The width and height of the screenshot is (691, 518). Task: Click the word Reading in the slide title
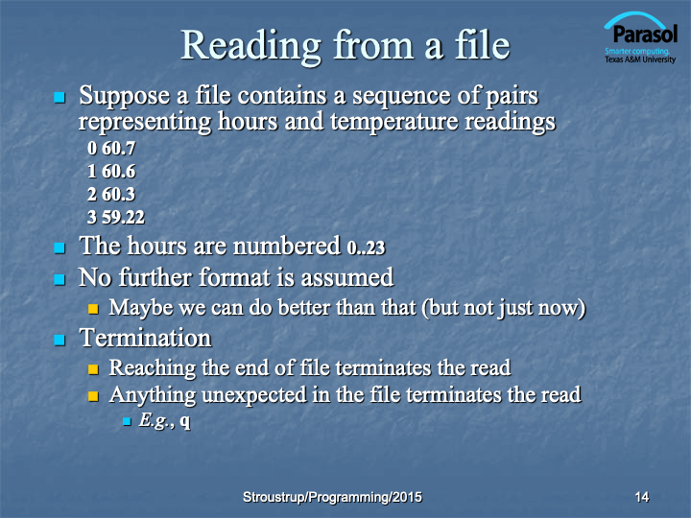pos(251,46)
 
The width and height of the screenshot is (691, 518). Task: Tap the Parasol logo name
pos(645,34)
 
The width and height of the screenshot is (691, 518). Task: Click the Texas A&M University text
pos(640,59)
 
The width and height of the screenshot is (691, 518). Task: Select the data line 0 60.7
pos(111,149)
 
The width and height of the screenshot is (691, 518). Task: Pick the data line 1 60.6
pos(111,172)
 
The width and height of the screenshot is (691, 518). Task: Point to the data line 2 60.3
pos(111,194)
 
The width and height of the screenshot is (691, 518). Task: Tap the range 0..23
pos(367,247)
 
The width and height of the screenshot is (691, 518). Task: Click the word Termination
pos(146,339)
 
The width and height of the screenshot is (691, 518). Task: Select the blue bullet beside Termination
pos(60,340)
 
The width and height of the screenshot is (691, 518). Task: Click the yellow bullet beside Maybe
pos(93,308)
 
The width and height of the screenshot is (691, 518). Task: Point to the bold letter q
pos(185,421)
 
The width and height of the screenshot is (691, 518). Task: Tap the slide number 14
pos(642,497)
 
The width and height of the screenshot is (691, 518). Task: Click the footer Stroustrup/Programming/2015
pos(332,497)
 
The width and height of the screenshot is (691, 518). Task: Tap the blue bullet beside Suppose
pos(60,97)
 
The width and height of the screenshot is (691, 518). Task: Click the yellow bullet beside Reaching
pos(93,368)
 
